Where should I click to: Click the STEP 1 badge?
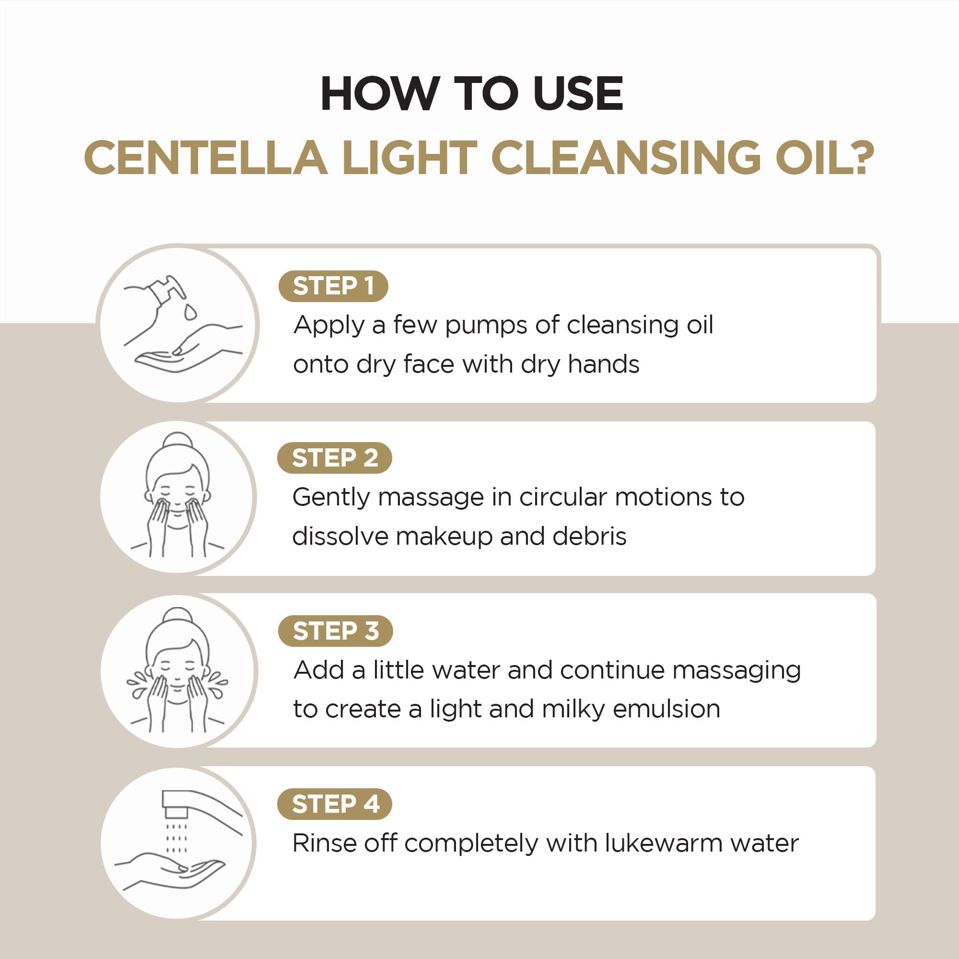point(333,286)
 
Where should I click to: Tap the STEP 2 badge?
point(335,457)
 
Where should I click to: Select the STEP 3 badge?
point(336,631)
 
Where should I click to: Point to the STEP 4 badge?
point(335,804)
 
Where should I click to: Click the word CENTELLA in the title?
point(206,158)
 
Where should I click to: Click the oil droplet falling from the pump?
point(190,312)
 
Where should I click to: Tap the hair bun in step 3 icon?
point(177,615)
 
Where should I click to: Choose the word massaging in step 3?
point(737,671)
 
